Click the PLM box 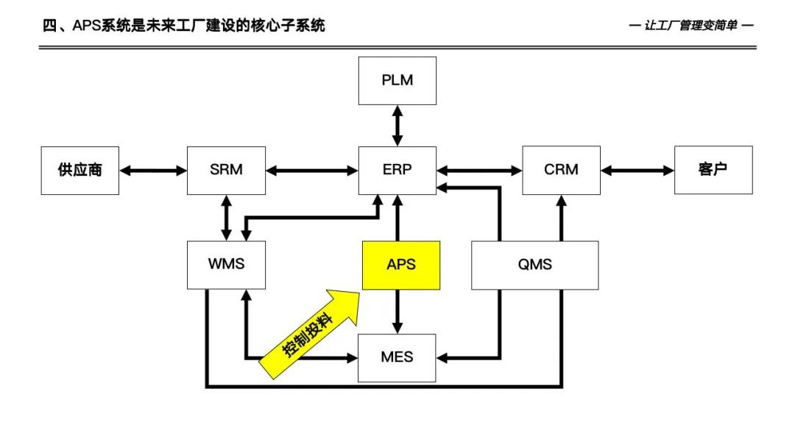click(397, 80)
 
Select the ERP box click(397, 170)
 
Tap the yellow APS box click(401, 265)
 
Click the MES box click(397, 357)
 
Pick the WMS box click(226, 263)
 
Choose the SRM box click(226, 170)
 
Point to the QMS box click(534, 265)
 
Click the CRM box click(561, 170)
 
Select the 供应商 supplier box click(79, 170)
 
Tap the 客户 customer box click(713, 170)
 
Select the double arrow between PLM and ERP click(397, 125)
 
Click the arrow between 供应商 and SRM click(153, 171)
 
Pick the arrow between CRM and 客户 click(637, 171)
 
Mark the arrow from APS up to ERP click(397, 218)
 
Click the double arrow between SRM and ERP click(311, 171)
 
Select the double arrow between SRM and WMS click(226, 218)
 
